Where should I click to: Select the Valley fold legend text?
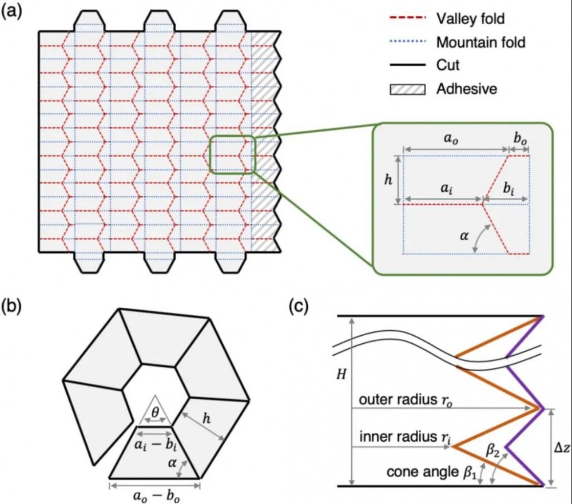[471, 18]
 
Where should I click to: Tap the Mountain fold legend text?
[480, 42]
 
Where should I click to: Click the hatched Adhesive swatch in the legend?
[407, 89]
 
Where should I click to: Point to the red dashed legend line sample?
[407, 18]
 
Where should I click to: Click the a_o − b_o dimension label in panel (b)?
[155, 497]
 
